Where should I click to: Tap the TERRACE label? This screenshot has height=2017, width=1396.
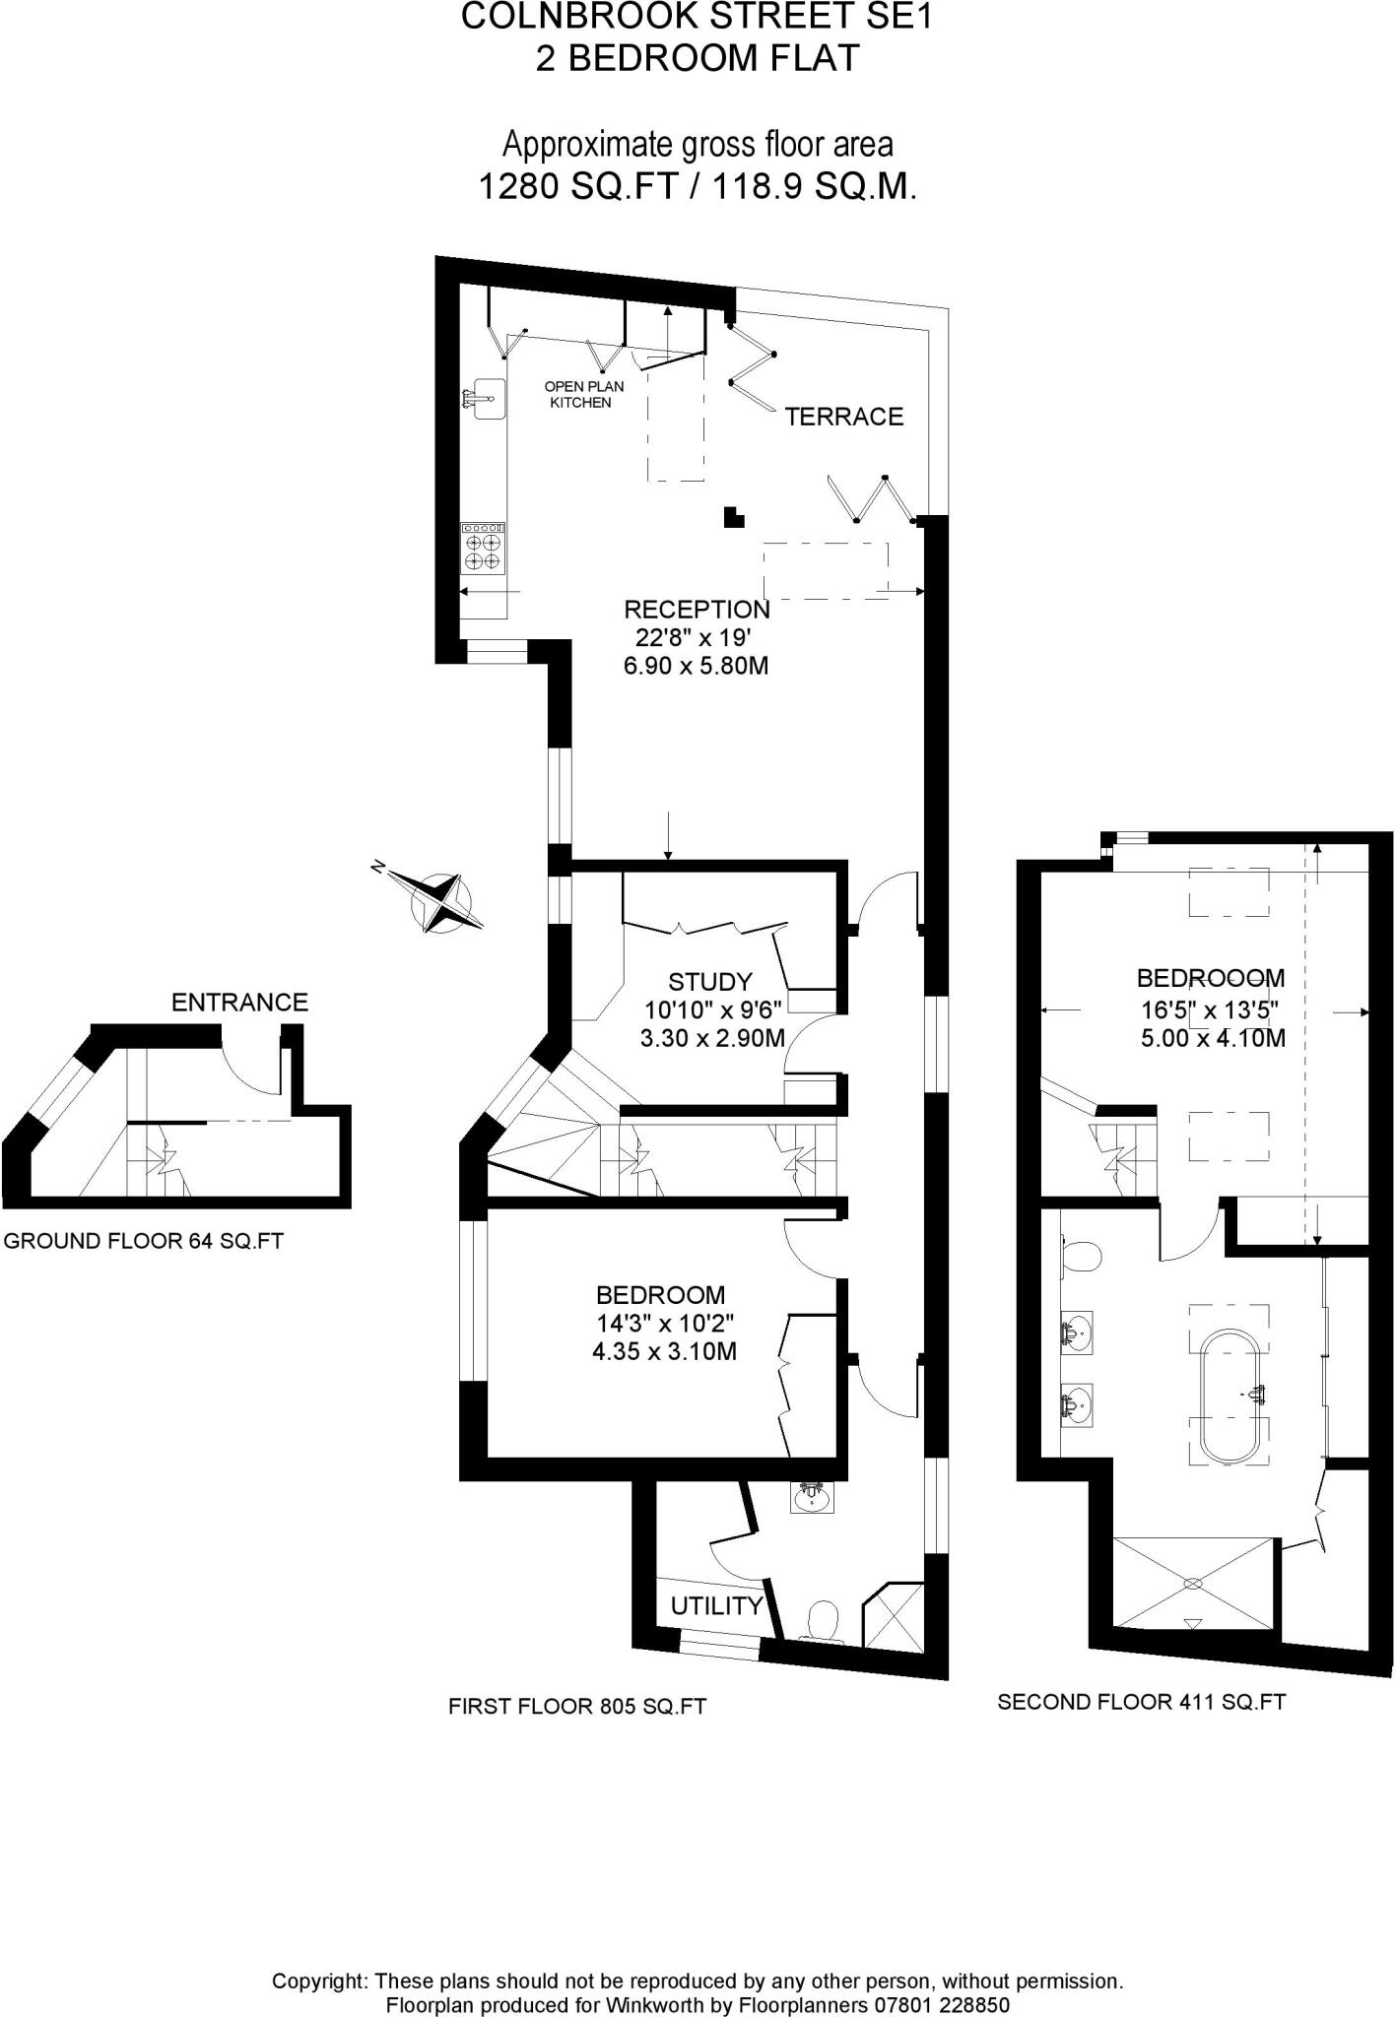click(x=843, y=417)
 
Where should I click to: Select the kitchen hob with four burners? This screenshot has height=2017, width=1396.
click(x=483, y=549)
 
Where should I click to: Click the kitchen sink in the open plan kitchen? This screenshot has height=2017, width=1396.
click(x=486, y=399)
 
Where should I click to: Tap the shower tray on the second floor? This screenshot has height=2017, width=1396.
click(x=1193, y=1584)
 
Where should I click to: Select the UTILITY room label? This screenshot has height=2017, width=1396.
click(x=716, y=1606)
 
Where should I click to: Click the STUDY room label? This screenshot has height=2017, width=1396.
click(x=709, y=982)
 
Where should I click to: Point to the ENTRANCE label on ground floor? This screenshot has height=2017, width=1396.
click(x=239, y=1003)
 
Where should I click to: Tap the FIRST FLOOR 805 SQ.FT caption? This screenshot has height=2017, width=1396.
click(x=577, y=1707)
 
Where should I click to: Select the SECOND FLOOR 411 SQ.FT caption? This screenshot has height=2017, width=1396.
click(x=1141, y=1702)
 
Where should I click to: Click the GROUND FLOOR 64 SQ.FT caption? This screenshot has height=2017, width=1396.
click(x=144, y=1241)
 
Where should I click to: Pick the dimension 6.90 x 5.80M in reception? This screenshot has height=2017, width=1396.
click(x=696, y=666)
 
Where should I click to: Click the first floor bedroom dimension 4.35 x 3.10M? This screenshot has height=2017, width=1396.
click(x=664, y=1352)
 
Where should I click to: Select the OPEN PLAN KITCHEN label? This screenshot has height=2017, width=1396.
click(x=583, y=394)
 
